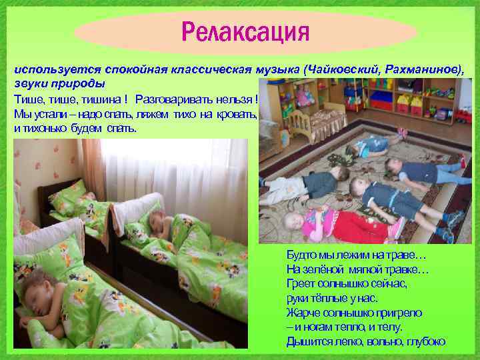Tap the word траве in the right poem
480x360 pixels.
(x=407, y=255)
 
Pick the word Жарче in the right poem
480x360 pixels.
(x=302, y=313)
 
